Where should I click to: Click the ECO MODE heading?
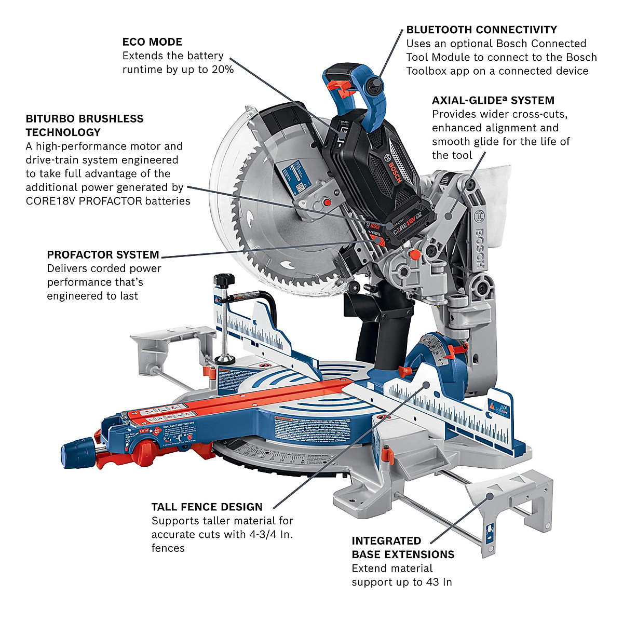click(x=152, y=42)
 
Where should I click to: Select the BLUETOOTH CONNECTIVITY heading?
click(x=481, y=30)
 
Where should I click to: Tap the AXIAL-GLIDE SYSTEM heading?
click(x=493, y=100)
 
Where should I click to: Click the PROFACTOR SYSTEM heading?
click(x=103, y=254)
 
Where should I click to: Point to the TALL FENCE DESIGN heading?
click(x=207, y=507)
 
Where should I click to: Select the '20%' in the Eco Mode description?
click(x=222, y=69)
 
